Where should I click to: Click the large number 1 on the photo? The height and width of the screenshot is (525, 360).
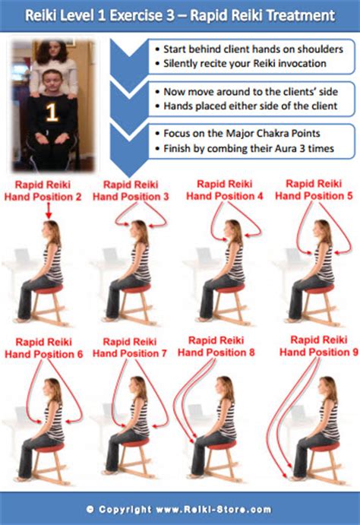pyautogui.click(x=52, y=112)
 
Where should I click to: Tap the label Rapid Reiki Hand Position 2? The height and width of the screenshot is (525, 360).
pyautogui.click(x=43, y=191)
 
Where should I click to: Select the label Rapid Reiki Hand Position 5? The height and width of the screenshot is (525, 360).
pyautogui.click(x=314, y=189)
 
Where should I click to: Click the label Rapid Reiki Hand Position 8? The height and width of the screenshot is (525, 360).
pyautogui.click(x=216, y=346)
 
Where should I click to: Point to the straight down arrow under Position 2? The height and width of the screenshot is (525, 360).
pyautogui.click(x=49, y=211)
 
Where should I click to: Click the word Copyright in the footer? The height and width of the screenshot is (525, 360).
pyautogui.click(x=125, y=510)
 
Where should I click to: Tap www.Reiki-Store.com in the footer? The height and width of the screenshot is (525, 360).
pyautogui.click(x=213, y=510)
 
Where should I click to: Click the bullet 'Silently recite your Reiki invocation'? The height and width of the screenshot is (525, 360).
pyautogui.click(x=245, y=63)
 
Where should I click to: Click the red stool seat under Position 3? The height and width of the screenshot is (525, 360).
pyautogui.click(x=135, y=288)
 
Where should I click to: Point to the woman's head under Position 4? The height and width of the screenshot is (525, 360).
pyautogui.click(x=233, y=230)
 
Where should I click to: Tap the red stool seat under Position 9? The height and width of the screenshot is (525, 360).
pyautogui.click(x=325, y=447)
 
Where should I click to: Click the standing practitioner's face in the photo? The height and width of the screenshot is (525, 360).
pyautogui.click(x=53, y=50)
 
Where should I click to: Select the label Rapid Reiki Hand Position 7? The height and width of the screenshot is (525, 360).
pyautogui.click(x=130, y=347)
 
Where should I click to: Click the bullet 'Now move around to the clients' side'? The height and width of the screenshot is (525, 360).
pyautogui.click(x=251, y=91)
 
